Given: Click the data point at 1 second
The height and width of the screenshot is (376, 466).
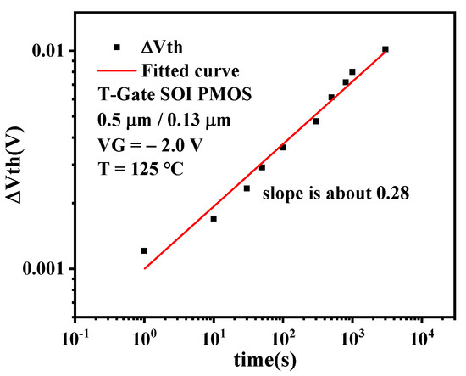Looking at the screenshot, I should click(144, 250).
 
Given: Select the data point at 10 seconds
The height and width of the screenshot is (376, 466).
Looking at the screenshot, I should click(214, 218).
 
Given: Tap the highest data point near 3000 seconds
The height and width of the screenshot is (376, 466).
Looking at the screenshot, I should click(386, 49).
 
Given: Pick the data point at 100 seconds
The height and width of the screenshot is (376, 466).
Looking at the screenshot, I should click(283, 147).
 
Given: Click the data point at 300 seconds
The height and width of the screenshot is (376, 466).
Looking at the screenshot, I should click(316, 121).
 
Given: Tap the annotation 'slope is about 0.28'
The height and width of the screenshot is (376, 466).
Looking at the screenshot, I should click(336, 194).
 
